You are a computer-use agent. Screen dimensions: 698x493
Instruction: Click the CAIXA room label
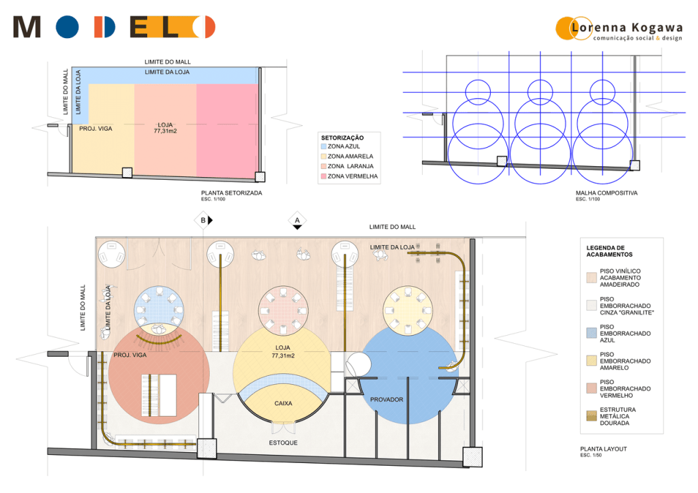(x=283, y=403)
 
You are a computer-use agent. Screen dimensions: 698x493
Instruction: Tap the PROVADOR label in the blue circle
(x=386, y=400)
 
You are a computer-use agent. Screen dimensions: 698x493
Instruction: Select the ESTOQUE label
(x=283, y=443)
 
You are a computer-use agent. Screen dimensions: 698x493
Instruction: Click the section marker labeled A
(x=297, y=221)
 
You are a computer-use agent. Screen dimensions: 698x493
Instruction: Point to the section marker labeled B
(x=204, y=220)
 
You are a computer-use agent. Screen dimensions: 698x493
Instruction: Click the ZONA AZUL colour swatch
(x=324, y=146)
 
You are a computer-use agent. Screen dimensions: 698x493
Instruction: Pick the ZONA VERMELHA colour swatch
(x=324, y=176)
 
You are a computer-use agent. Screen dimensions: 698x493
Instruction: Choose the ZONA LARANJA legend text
(x=350, y=166)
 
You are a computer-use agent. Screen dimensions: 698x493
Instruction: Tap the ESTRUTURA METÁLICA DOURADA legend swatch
(x=591, y=416)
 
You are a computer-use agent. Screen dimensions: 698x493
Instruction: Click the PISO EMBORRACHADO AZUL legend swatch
(x=591, y=334)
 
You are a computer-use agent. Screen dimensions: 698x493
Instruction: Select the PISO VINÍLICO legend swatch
(x=591, y=278)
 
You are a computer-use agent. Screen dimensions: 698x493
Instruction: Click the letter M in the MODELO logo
(x=27, y=27)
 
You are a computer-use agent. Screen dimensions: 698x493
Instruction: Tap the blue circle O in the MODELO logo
(x=67, y=27)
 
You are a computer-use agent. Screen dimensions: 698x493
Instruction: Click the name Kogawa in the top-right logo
(x=657, y=28)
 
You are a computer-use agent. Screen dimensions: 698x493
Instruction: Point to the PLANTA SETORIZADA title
(x=232, y=193)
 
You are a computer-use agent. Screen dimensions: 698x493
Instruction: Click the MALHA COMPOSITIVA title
(x=606, y=193)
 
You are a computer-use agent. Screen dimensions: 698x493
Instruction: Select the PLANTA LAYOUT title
(x=603, y=449)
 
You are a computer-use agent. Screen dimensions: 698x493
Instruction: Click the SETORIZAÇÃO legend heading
(x=342, y=138)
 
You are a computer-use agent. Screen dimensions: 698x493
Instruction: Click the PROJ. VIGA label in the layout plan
(x=130, y=355)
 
